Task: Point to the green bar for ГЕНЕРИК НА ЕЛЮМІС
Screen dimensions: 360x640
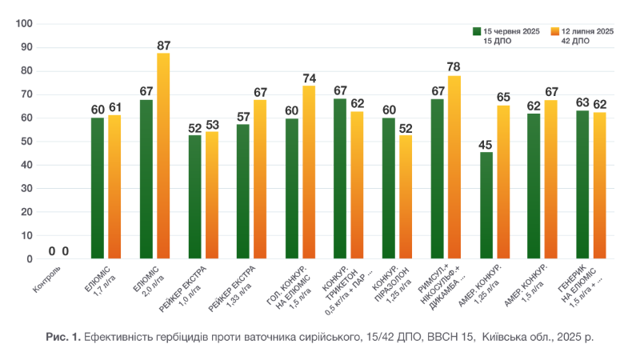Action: [582, 185]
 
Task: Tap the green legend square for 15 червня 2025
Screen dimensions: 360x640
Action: [476, 31]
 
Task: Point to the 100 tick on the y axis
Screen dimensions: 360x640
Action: [25, 24]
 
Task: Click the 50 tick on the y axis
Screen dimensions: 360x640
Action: [27, 142]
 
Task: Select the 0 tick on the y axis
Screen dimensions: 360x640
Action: [30, 259]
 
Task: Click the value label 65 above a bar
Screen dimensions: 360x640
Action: [503, 98]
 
